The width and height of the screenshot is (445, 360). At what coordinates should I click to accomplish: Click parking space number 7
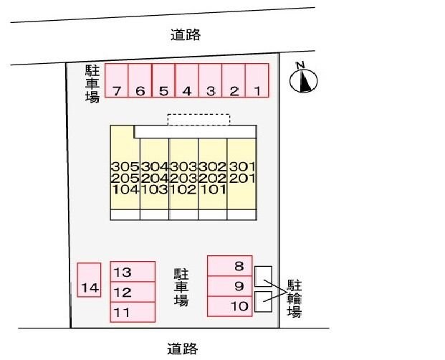[117, 80]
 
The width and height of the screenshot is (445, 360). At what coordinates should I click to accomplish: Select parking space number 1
[257, 80]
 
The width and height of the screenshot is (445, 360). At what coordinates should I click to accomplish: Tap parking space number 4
[187, 80]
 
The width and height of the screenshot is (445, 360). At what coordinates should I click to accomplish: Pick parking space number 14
[89, 280]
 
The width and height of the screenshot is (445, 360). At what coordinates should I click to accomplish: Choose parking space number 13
[133, 272]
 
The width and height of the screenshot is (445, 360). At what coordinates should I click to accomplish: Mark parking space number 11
[133, 312]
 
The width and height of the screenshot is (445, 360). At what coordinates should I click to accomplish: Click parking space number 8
[230, 266]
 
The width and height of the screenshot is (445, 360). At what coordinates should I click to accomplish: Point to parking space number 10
[230, 306]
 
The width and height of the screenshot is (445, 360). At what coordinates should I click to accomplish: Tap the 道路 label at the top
[186, 35]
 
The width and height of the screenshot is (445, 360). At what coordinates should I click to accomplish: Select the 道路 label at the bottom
[182, 349]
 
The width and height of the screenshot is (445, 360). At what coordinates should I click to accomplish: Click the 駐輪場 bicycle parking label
[294, 298]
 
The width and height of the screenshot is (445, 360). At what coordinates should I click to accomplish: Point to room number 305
[125, 166]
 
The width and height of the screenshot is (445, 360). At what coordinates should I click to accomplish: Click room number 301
[242, 166]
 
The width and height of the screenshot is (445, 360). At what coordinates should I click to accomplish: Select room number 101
[213, 189]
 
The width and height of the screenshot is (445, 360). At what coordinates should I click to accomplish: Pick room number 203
[183, 179]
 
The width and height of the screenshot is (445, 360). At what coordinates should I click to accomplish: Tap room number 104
[125, 189]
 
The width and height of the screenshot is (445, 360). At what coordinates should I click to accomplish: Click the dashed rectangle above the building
[198, 120]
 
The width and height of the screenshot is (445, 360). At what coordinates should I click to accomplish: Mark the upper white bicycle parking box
[263, 276]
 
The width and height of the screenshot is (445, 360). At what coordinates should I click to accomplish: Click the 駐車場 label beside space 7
[92, 83]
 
